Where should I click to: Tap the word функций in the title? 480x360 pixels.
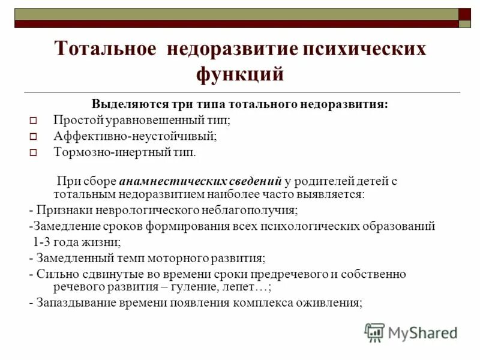coord(239,74)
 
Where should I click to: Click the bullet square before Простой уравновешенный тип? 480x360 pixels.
coord(34,121)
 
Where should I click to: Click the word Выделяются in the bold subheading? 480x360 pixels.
coord(123,104)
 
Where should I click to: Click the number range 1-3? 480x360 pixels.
coord(41,242)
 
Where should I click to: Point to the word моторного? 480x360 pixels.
coord(176,258)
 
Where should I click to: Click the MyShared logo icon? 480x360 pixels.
coord(374,332)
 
